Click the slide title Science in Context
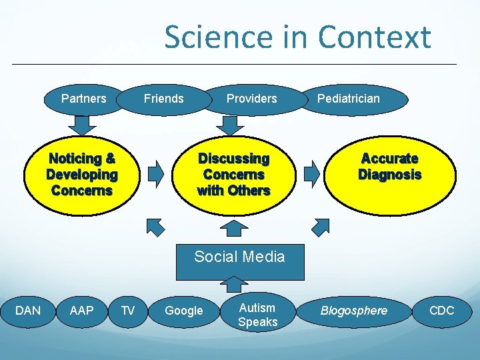pos(297,37)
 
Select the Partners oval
pos(84,99)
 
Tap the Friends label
pos(163,99)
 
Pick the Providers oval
pos(251,99)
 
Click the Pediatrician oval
pos(349,99)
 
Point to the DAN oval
pos(28,310)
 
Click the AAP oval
pos(81,310)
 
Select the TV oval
pos(127,310)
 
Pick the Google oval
pos(184,311)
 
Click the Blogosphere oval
pos(354,311)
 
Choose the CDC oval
pos(441,311)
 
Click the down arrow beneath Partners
pos(82,125)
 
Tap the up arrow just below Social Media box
pos(233,284)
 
